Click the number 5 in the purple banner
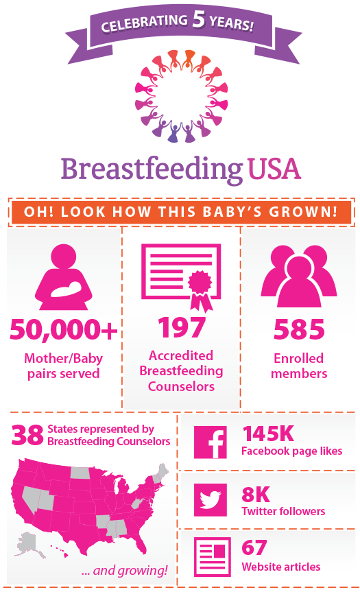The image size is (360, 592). [198, 19]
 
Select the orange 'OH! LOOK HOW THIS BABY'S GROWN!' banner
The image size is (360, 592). [181, 212]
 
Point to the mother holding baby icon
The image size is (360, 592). [63, 276]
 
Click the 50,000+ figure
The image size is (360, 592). [64, 329]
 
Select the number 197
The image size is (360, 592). [182, 327]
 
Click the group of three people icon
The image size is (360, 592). [299, 276]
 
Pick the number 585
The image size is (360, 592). [299, 329]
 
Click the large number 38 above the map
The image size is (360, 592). [27, 435]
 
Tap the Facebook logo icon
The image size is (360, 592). [211, 442]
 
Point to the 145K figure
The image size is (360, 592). [268, 434]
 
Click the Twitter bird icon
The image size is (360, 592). [211, 500]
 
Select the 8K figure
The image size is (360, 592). [256, 494]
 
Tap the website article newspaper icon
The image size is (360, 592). [212, 557]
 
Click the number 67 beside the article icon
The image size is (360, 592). [254, 547]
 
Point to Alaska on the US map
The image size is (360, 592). [29, 545]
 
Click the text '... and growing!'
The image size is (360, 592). [124, 570]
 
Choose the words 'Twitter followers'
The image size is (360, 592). [283, 511]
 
